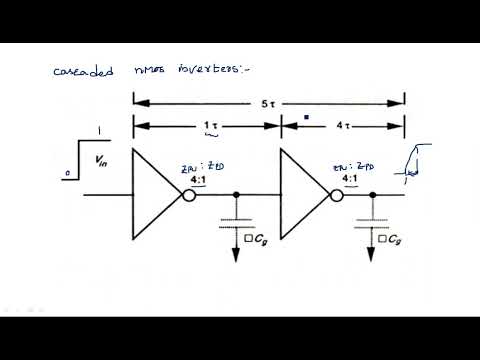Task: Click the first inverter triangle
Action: click(x=155, y=194)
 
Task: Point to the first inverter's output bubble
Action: click(x=187, y=195)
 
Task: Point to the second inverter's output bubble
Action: click(x=336, y=195)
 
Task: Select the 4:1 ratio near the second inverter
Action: click(x=351, y=181)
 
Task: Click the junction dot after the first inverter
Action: click(x=236, y=195)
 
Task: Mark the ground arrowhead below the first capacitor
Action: click(x=236, y=257)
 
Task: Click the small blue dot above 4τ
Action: click(x=306, y=116)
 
